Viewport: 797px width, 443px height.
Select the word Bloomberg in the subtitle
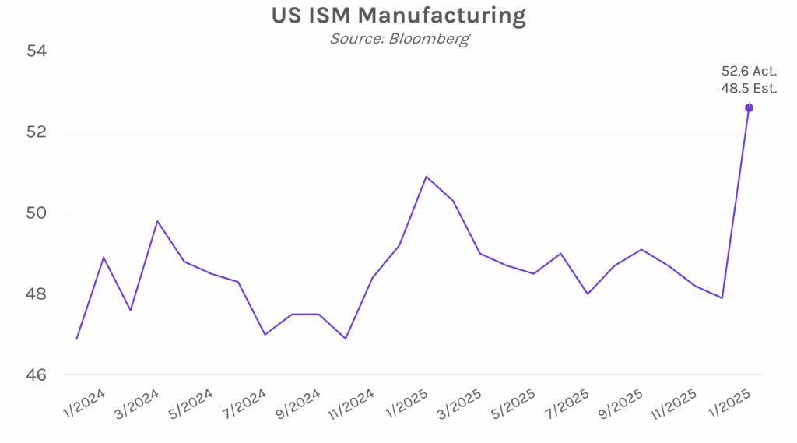(x=431, y=38)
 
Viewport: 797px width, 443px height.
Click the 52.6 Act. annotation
(x=749, y=72)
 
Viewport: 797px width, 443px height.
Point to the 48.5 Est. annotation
(x=749, y=88)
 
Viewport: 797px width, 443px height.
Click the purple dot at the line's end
(x=749, y=107)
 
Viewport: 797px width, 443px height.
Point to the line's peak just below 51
(x=426, y=177)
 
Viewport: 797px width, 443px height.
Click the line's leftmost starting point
(x=76, y=339)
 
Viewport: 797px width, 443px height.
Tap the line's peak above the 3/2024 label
(x=157, y=221)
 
